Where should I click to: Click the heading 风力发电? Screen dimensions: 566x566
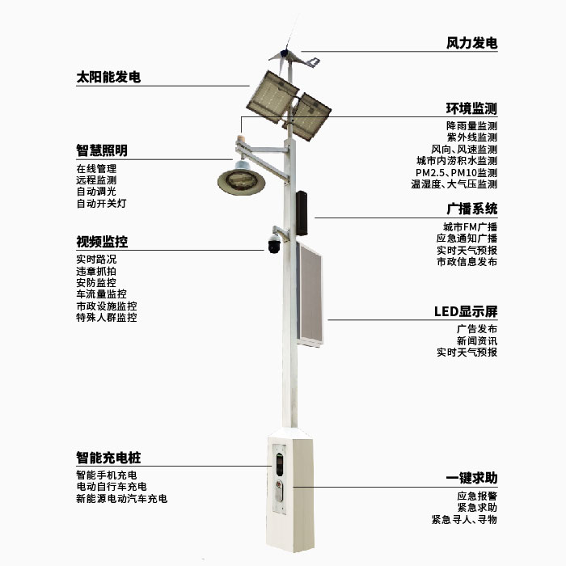pos(471,43)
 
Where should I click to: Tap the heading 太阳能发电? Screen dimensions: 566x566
pos(108,78)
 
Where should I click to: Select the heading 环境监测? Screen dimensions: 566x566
pos(471,109)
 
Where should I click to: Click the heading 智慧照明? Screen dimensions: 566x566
pos(102,150)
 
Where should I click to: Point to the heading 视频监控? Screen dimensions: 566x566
pos(102,242)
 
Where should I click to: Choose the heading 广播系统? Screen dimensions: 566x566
pos(471,209)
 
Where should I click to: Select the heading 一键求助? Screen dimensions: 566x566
pos(471,478)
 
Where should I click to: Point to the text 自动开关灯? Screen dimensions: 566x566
pos(101,204)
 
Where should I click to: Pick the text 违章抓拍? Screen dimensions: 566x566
pos(96,272)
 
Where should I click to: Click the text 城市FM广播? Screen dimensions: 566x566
pos(470,226)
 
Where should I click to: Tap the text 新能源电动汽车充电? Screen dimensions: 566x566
pos(121,499)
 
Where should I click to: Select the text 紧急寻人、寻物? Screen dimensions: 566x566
pos(464,519)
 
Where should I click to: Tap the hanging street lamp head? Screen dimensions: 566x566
pos(240,180)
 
